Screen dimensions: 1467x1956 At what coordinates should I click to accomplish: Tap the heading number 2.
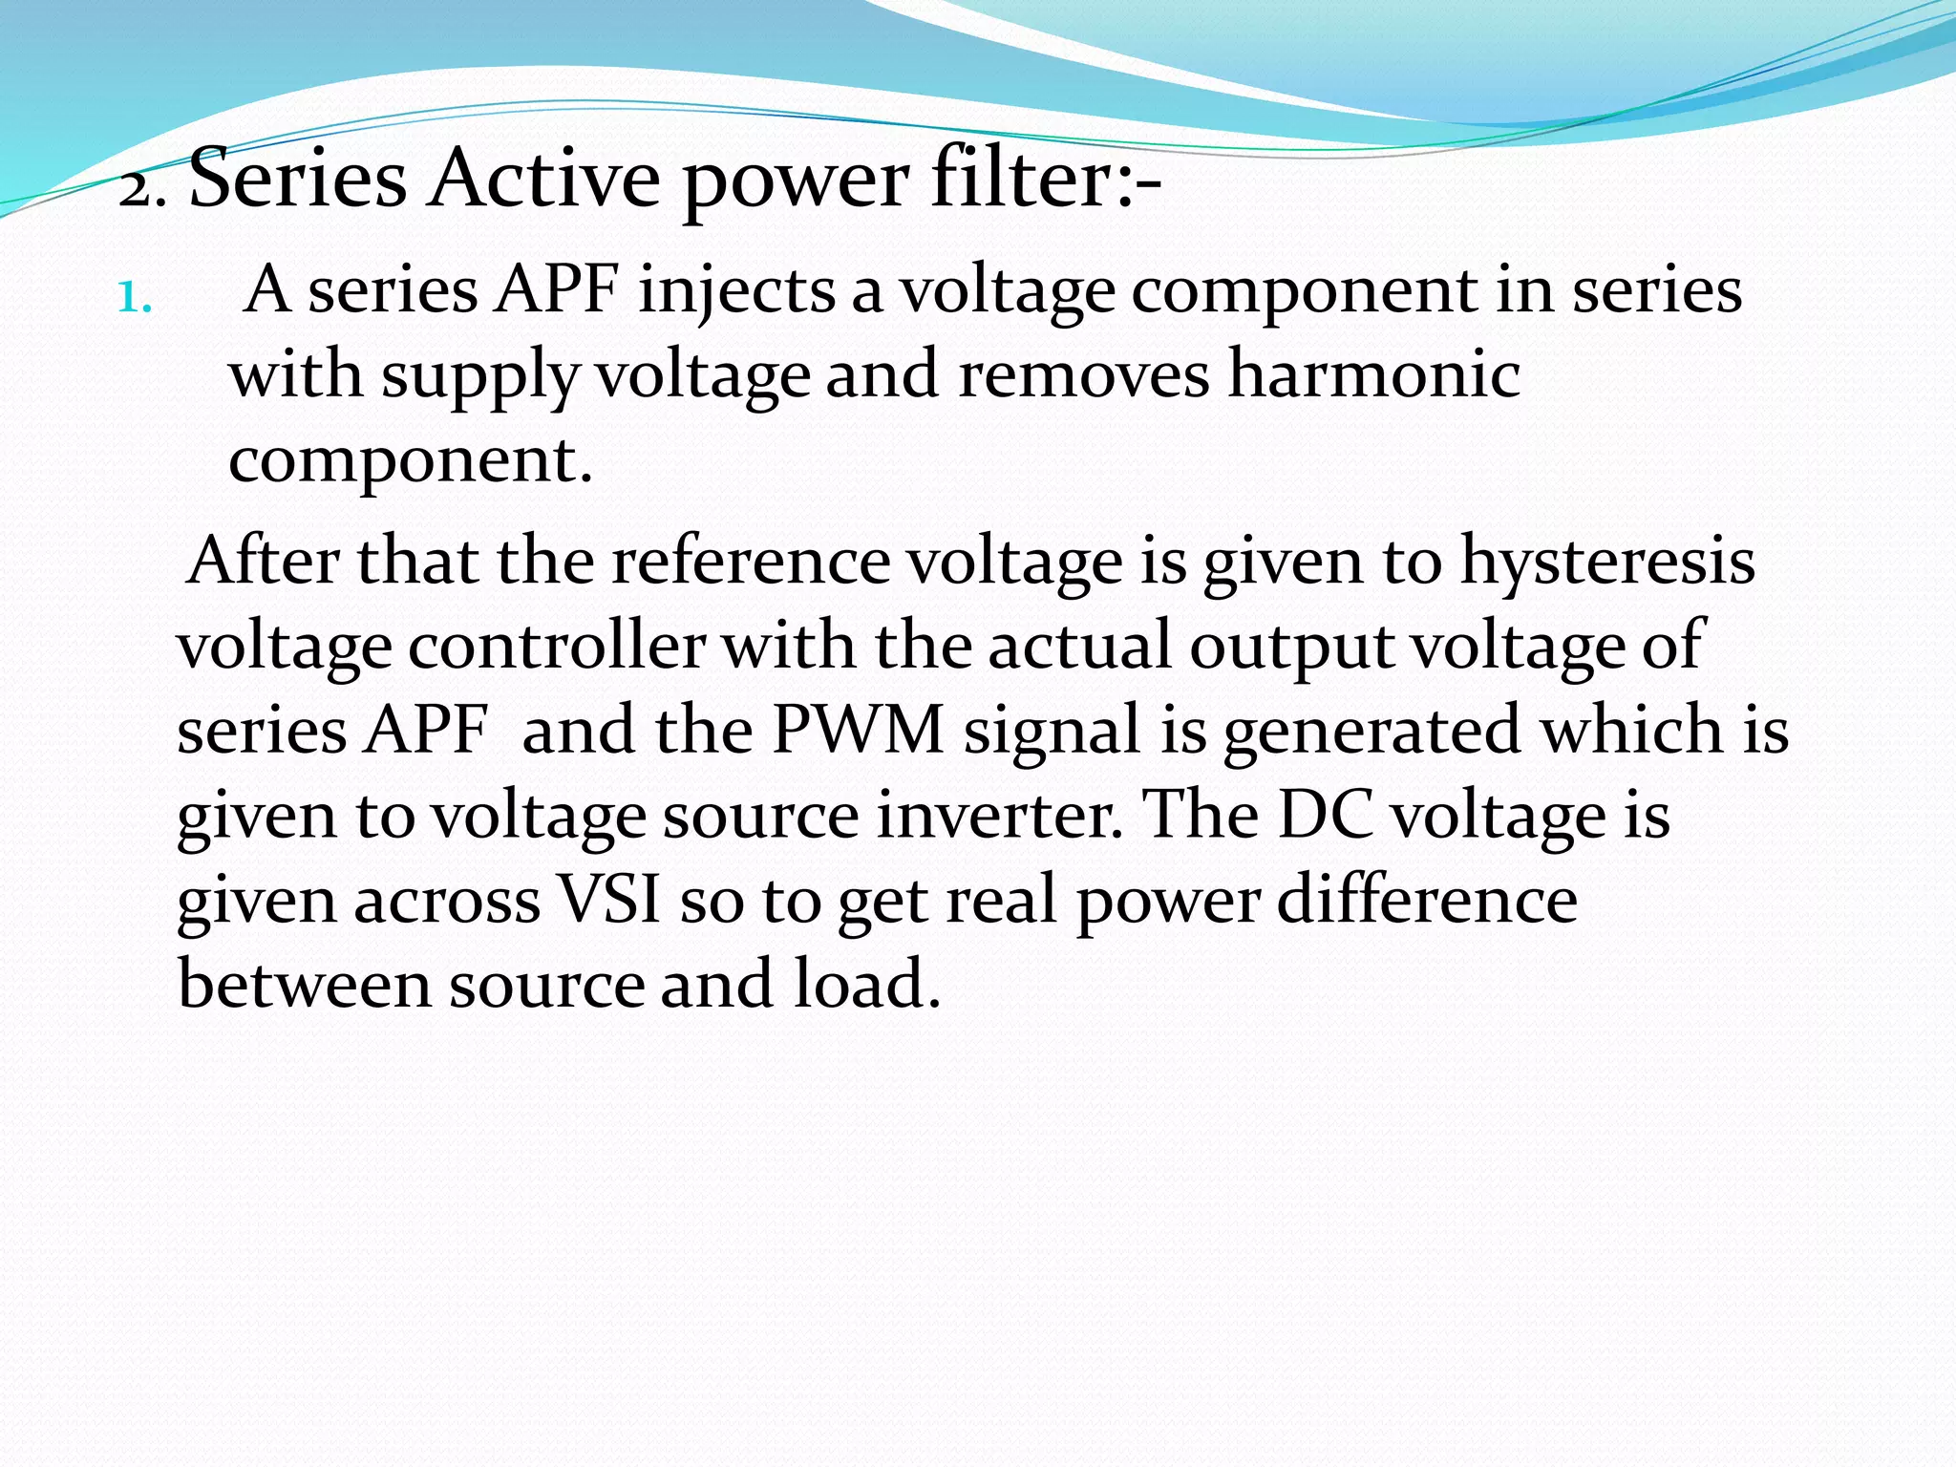point(142,190)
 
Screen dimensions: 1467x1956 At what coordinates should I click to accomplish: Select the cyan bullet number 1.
point(135,298)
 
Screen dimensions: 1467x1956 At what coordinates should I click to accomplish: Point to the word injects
point(737,291)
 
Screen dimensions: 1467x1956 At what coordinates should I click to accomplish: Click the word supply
point(480,376)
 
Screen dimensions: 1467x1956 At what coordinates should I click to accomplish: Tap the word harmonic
point(1373,374)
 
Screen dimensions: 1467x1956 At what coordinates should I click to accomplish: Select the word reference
point(750,561)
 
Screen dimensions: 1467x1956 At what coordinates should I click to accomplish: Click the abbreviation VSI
point(609,900)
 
